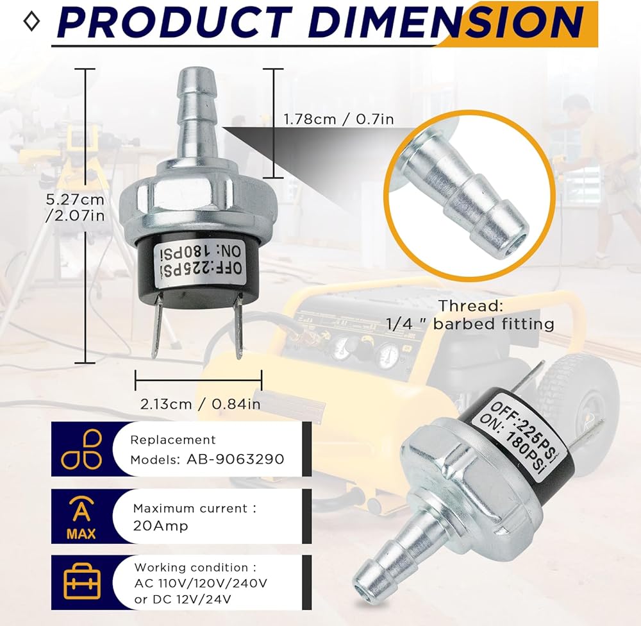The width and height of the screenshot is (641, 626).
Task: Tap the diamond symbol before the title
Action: point(32,22)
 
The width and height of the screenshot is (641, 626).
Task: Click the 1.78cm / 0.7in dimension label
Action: point(339,119)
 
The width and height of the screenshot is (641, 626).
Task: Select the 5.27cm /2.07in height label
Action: point(75,207)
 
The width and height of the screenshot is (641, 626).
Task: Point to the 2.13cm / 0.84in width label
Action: point(200,404)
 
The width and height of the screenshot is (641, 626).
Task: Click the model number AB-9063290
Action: point(235,459)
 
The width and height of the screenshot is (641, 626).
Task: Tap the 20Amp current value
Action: point(161,526)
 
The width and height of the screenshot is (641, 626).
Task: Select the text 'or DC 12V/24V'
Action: point(183,600)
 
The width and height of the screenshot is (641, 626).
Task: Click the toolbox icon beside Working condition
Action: point(82,581)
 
